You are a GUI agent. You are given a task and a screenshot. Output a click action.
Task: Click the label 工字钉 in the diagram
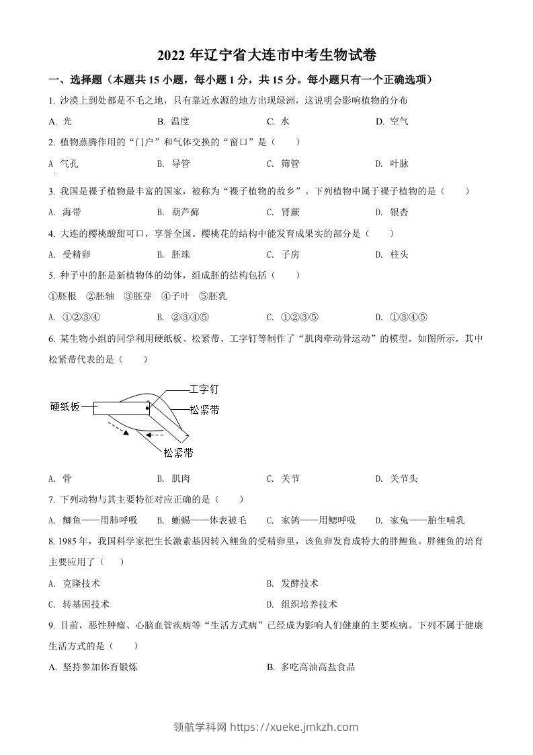pyautogui.click(x=204, y=390)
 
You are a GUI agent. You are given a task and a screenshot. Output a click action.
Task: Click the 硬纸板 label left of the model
pyautogui.click(x=65, y=406)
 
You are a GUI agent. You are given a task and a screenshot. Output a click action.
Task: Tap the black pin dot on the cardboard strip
pyautogui.click(x=148, y=408)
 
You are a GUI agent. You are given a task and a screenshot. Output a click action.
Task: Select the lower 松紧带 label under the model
pyautogui.click(x=179, y=452)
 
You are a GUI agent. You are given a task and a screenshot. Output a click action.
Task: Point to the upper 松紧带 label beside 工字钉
pyautogui.click(x=205, y=410)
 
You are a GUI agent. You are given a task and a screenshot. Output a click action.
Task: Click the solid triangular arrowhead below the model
pyautogui.click(x=125, y=434)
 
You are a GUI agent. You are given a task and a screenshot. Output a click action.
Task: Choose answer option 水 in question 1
pyautogui.click(x=285, y=121)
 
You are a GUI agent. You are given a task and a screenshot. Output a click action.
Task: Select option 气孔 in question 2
pyautogui.click(x=70, y=164)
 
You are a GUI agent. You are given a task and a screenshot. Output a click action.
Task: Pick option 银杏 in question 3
pyautogui.click(x=399, y=212)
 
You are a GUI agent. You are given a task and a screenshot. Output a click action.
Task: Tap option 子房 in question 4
pyautogui.click(x=290, y=254)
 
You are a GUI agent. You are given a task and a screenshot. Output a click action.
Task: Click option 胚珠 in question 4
pyautogui.click(x=180, y=254)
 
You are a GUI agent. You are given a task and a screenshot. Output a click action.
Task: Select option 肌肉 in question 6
pyautogui.click(x=180, y=478)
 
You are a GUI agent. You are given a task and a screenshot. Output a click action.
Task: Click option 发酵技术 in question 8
pyautogui.click(x=299, y=583)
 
